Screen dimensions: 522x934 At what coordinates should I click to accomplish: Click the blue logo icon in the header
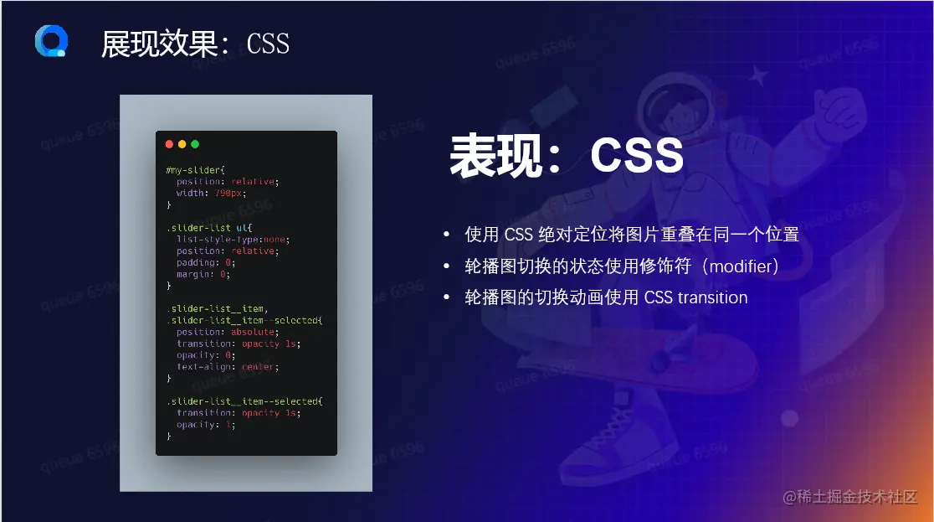51,41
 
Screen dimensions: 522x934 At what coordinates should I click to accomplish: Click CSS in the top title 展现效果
268,44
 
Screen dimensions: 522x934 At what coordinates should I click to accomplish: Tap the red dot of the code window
170,144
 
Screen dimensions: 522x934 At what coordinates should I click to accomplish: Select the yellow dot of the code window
182,144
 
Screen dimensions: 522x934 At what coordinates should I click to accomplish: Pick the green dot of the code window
195,144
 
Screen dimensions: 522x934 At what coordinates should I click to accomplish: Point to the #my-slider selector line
190,169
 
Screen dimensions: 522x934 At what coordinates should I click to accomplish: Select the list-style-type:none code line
233,239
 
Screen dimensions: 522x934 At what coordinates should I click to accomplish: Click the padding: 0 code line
206,262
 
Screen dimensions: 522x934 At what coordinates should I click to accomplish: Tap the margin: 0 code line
203,274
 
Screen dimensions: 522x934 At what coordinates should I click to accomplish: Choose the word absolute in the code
254,332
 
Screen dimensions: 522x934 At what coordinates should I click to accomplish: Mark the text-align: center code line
226,367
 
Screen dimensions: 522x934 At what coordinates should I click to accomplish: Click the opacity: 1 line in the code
206,425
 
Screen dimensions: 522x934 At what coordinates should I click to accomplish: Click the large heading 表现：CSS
567,157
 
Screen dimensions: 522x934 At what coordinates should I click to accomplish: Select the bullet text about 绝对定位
632,235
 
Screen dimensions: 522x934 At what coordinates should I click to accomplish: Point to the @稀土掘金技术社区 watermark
849,497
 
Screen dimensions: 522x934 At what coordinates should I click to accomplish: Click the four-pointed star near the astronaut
758,77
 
